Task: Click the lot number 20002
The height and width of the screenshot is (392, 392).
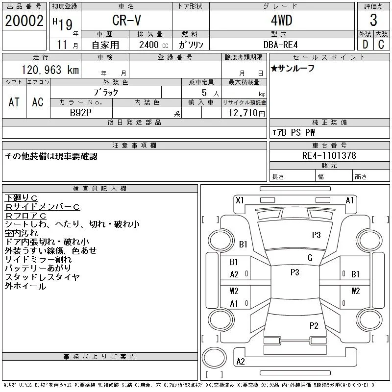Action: point(24,21)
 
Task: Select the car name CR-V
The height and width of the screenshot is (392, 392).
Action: point(126,20)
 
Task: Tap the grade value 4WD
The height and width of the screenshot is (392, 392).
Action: point(281,20)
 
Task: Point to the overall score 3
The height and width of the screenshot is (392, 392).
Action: point(373,20)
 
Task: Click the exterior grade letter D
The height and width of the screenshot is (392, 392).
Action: point(365,45)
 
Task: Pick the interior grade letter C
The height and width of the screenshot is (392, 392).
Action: point(381,45)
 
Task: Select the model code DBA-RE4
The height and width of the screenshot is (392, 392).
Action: point(280,45)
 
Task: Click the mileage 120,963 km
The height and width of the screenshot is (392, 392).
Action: point(50,70)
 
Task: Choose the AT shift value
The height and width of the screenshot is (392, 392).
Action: point(14,102)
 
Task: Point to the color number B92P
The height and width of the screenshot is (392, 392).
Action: point(80,113)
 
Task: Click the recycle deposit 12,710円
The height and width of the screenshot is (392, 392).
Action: point(247,113)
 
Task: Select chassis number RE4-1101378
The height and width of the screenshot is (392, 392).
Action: point(329,155)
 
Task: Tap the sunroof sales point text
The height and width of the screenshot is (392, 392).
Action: point(293,68)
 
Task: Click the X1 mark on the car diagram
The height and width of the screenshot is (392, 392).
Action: point(240,200)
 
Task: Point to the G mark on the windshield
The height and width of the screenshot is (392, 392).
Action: point(310,258)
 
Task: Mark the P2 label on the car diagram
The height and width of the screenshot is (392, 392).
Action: point(314,325)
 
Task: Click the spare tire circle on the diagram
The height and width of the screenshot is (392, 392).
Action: point(214,358)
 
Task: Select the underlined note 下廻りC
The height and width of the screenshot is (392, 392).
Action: point(21,198)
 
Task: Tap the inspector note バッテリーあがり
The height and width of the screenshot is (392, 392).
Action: point(38,268)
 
